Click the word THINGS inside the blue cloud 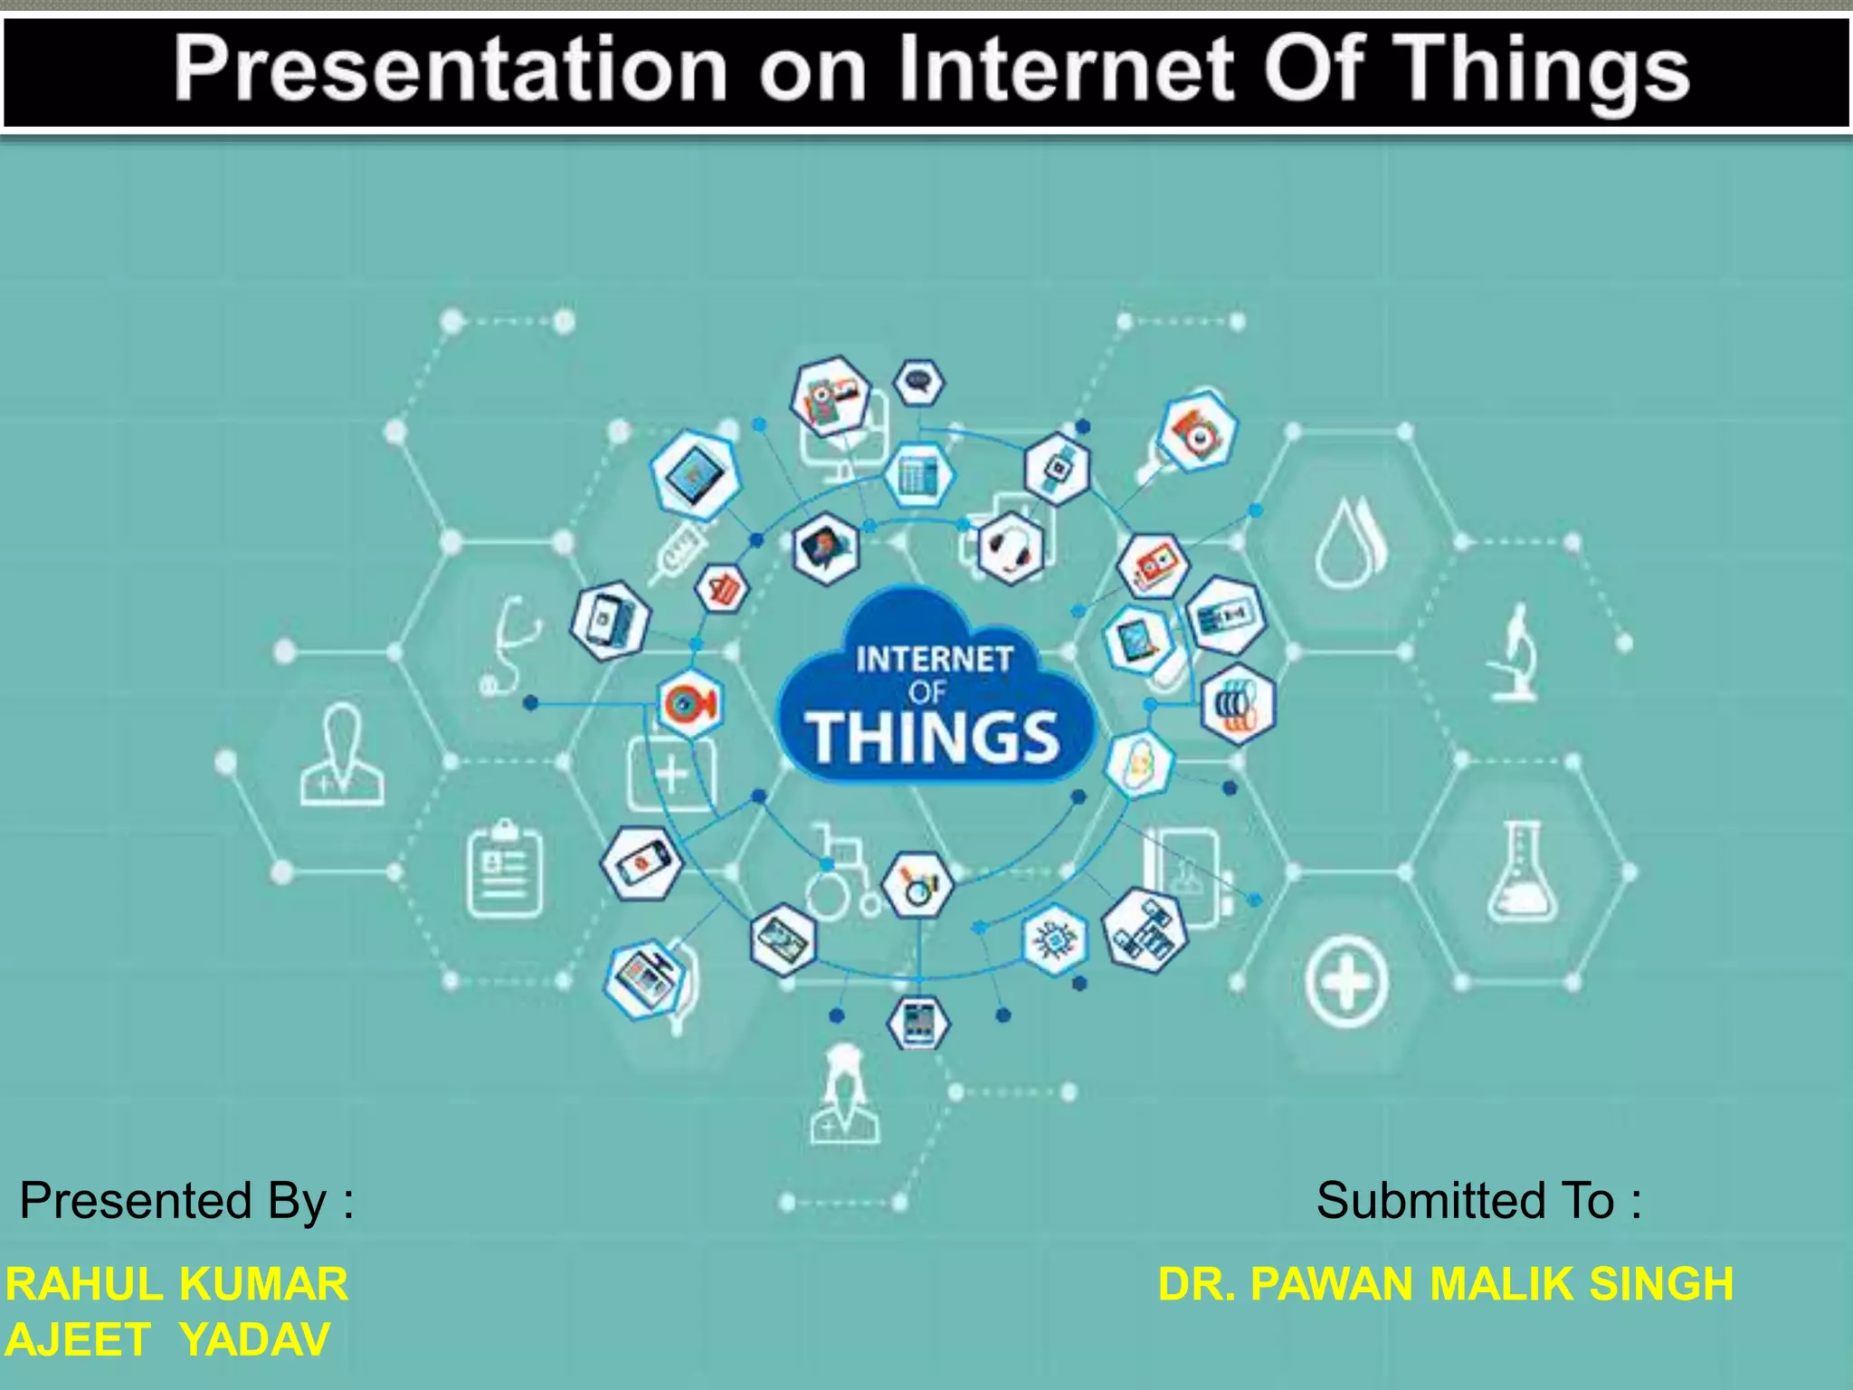(933, 737)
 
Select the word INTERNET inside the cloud (934, 659)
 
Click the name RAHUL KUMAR (176, 1284)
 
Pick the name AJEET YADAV (167, 1340)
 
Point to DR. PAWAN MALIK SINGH (1445, 1284)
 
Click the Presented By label (186, 1202)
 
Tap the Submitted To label (1478, 1202)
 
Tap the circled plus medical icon (1346, 982)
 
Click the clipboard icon (505, 869)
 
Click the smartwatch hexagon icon (1057, 469)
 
